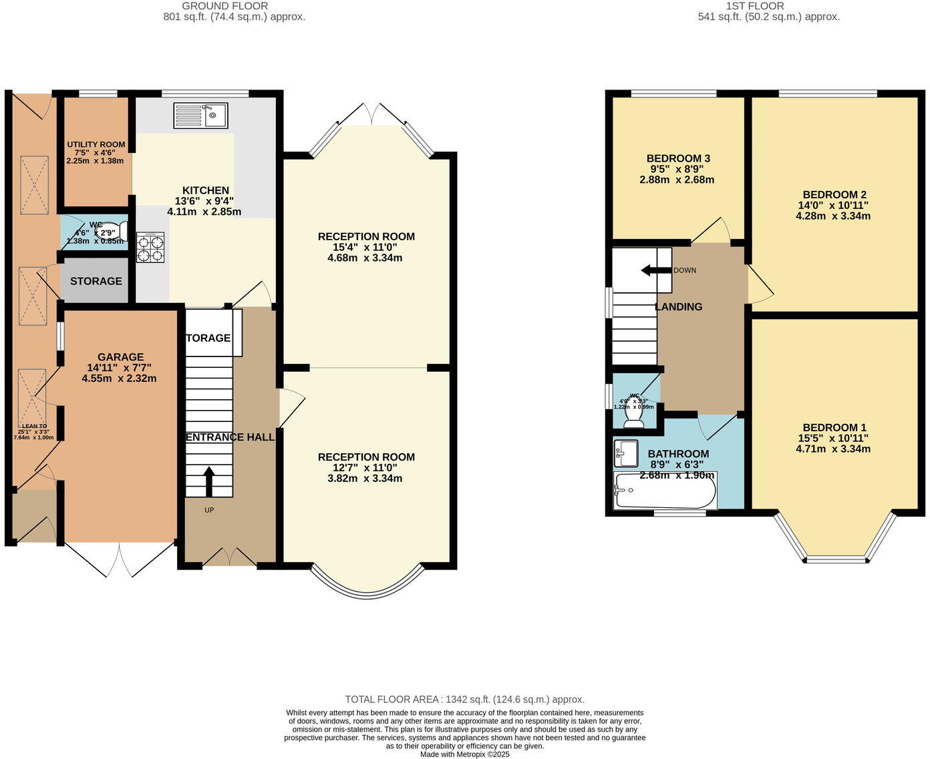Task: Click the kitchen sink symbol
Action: click(x=200, y=115)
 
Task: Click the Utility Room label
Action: click(x=96, y=145)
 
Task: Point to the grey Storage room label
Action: click(x=96, y=281)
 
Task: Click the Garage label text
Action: click(x=120, y=357)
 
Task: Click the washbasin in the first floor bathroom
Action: click(x=625, y=454)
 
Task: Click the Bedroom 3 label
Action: click(x=678, y=158)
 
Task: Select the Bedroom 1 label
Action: click(x=834, y=428)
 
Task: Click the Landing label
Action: click(x=678, y=307)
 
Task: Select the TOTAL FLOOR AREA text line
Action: click(x=464, y=700)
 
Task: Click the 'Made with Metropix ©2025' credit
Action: click(x=464, y=754)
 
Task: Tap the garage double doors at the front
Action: click(x=120, y=559)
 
